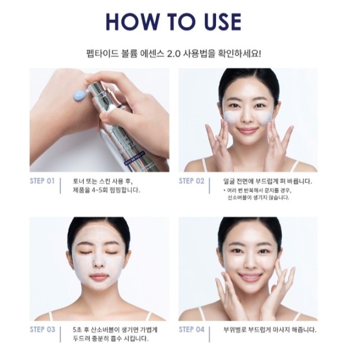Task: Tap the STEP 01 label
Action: coord(42,181)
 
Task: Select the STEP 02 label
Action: coord(191,181)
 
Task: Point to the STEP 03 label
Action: coord(43,330)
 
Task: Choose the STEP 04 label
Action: coord(191,330)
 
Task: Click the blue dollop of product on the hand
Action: coord(80,95)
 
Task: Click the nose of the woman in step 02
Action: coord(247,117)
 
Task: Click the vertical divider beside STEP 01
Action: coord(60,186)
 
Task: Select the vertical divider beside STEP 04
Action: coord(209,334)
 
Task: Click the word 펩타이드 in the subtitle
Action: coord(102,55)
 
